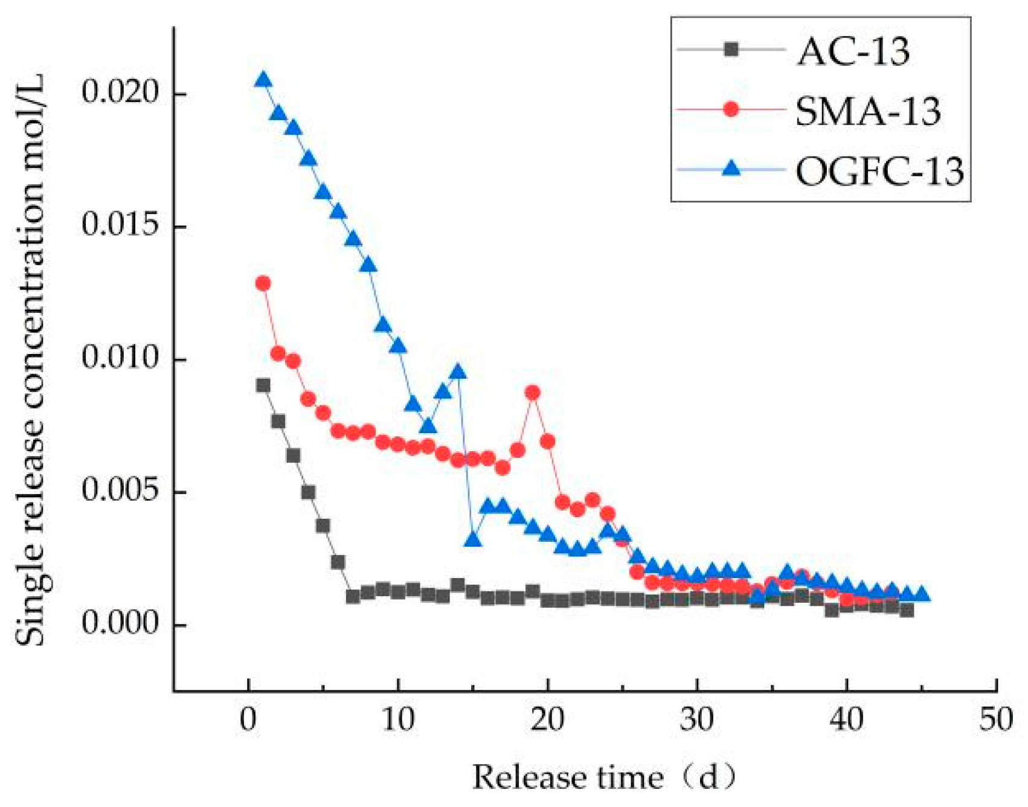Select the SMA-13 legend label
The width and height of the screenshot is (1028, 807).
coord(868,111)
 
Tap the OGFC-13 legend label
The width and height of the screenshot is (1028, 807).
coord(879,171)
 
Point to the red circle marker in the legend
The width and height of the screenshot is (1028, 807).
coord(731,109)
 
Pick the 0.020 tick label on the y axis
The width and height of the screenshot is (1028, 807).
coord(120,94)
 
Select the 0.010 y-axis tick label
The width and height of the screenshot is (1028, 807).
coord(120,359)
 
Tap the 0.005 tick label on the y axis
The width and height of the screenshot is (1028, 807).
coord(120,491)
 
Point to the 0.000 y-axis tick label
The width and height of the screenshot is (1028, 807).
coord(120,624)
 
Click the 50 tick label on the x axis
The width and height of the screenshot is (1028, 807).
coord(995,720)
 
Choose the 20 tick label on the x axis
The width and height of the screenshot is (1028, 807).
coord(547,720)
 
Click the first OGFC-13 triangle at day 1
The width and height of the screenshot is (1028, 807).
coord(263,80)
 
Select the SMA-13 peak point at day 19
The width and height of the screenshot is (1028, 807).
coord(532,393)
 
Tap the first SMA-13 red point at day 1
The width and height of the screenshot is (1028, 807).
coord(263,283)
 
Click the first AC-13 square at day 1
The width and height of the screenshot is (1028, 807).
coord(263,385)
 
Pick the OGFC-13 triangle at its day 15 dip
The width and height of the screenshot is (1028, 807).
coord(473,539)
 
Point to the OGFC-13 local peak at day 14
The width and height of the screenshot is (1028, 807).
coord(458,371)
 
